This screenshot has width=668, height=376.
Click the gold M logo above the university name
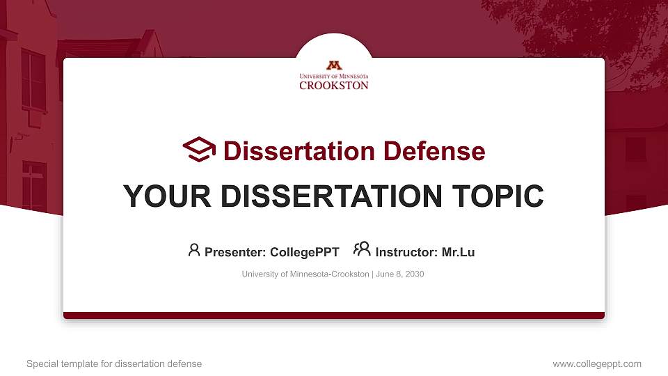click(334, 65)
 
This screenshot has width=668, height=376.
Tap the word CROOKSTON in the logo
click(334, 86)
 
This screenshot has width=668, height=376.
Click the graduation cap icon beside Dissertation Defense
click(199, 150)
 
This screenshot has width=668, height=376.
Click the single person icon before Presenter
click(194, 249)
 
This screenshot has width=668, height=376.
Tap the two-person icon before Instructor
click(362, 249)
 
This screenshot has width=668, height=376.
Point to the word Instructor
click(405, 252)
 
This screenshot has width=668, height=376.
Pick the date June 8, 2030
click(400, 274)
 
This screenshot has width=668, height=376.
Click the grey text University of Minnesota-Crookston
click(305, 274)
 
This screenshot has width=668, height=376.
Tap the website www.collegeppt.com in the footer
click(597, 363)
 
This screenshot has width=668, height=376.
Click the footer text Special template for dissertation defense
click(114, 363)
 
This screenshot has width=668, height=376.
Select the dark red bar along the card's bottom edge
click(334, 315)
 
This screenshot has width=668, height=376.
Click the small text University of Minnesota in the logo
click(334, 76)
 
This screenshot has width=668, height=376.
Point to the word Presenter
click(230, 252)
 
